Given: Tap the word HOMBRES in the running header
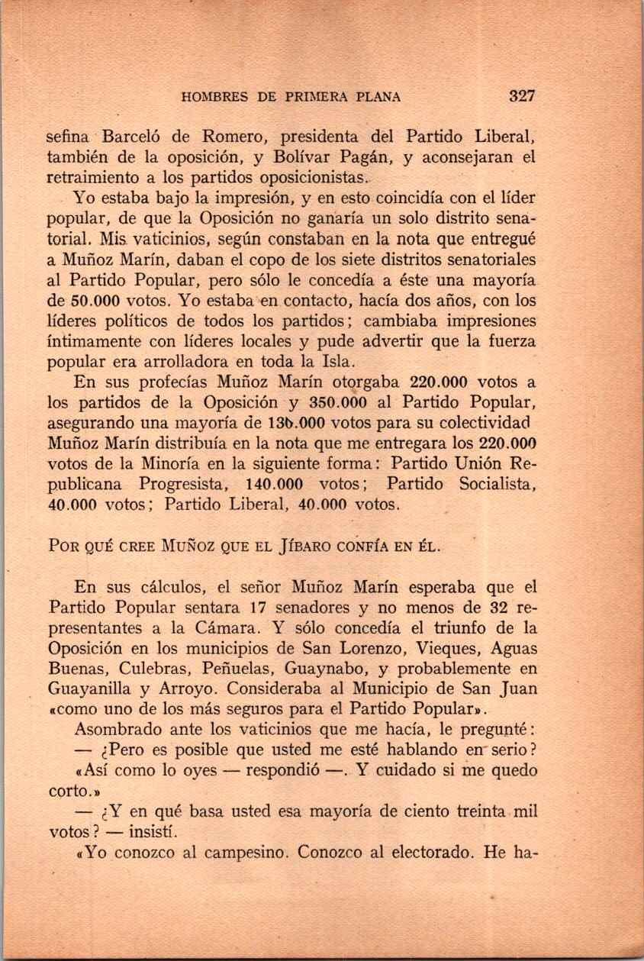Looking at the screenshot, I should (x=214, y=97).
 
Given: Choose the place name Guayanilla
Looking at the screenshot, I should (x=93, y=689).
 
